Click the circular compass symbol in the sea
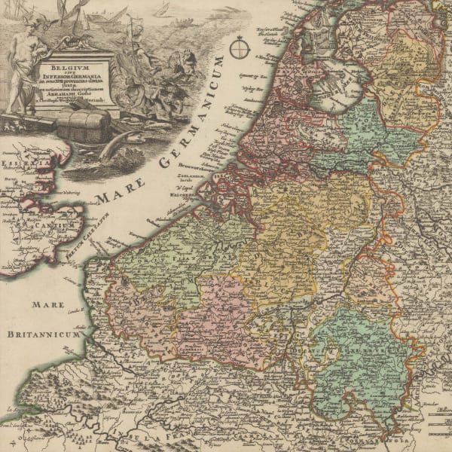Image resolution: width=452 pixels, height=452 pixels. (x=240, y=49)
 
